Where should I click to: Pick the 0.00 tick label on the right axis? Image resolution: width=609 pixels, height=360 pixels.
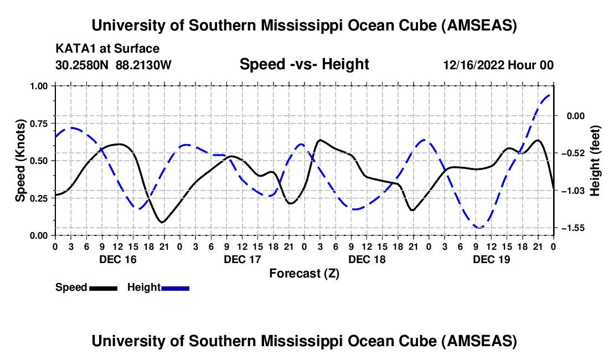click(x=574, y=116)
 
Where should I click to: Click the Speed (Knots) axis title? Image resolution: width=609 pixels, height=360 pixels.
click(x=20, y=160)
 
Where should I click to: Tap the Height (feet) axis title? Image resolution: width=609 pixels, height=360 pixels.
click(x=595, y=160)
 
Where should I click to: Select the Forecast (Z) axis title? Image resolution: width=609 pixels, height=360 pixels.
click(x=304, y=273)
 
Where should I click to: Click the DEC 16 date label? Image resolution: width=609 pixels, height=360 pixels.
click(x=118, y=259)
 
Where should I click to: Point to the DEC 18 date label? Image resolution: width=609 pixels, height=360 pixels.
click(x=367, y=259)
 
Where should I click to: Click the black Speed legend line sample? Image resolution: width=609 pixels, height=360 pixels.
click(x=103, y=287)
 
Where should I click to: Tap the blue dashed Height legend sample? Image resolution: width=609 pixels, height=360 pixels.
click(x=175, y=287)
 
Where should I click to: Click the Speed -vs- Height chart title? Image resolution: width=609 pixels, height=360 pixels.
click(x=304, y=64)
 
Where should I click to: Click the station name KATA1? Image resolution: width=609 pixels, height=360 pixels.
click(x=74, y=49)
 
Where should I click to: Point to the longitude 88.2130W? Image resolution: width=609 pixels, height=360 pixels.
click(x=144, y=65)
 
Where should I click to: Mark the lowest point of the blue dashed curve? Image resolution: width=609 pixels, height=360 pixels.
click(x=479, y=228)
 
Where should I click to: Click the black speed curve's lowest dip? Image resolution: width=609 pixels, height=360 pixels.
click(x=162, y=222)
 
